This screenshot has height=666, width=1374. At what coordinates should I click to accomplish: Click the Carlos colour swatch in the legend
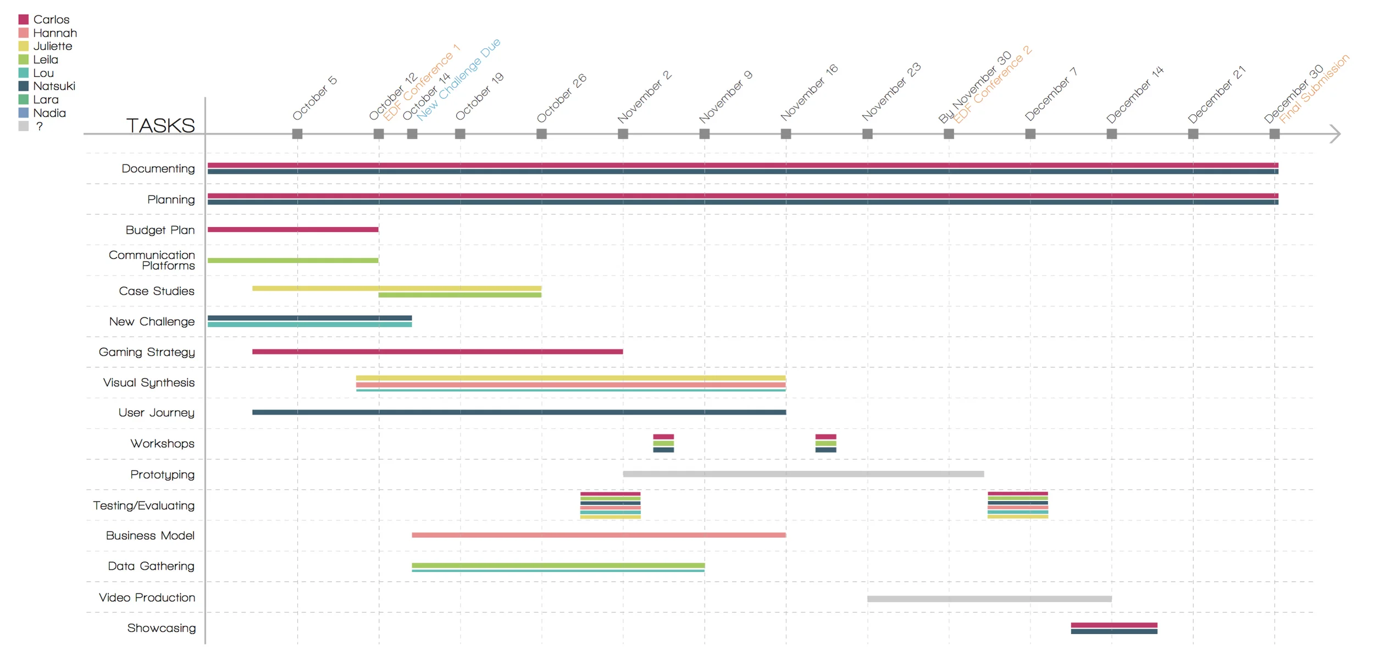[x=23, y=20]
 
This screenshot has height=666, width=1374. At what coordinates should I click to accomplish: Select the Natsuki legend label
[x=54, y=86]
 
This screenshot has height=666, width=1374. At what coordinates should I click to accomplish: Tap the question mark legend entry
[x=39, y=126]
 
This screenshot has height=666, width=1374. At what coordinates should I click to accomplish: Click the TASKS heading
[x=160, y=125]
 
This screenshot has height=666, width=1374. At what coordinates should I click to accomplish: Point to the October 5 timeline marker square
[x=297, y=134]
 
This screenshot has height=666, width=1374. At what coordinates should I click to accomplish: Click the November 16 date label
[x=808, y=92]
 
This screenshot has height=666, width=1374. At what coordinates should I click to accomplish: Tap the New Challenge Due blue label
[x=459, y=79]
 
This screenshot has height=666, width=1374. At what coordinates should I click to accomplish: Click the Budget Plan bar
[x=292, y=229]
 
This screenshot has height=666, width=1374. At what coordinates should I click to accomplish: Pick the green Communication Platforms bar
[x=292, y=260]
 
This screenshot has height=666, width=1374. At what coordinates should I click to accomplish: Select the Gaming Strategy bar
[x=437, y=351]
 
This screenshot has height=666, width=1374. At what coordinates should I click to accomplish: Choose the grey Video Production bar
[x=989, y=598]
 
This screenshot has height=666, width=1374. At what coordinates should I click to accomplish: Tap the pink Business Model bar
[x=598, y=535]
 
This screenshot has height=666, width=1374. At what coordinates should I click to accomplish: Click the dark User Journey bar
[x=518, y=412]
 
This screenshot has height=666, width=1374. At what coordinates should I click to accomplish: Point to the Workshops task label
[x=162, y=444]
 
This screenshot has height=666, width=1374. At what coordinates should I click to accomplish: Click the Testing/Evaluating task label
[x=143, y=505]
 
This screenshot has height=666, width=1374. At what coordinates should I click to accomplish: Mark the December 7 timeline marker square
[x=1030, y=134]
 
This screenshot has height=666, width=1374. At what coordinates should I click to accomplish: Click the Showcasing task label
[x=161, y=628]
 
